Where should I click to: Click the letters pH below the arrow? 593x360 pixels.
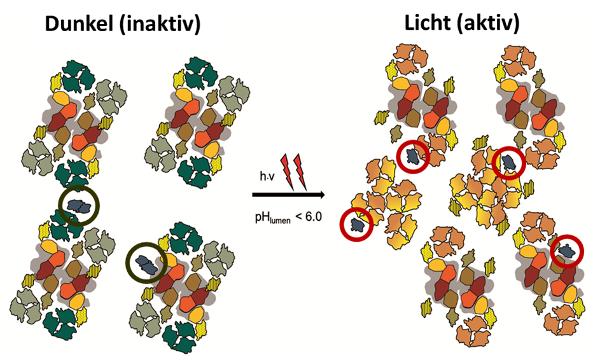(x=262, y=217)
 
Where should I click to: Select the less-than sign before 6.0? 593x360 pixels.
(x=295, y=217)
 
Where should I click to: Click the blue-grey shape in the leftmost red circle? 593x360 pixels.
(x=356, y=224)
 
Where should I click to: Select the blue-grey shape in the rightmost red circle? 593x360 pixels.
(x=566, y=252)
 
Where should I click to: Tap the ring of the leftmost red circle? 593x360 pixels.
(x=341, y=224)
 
